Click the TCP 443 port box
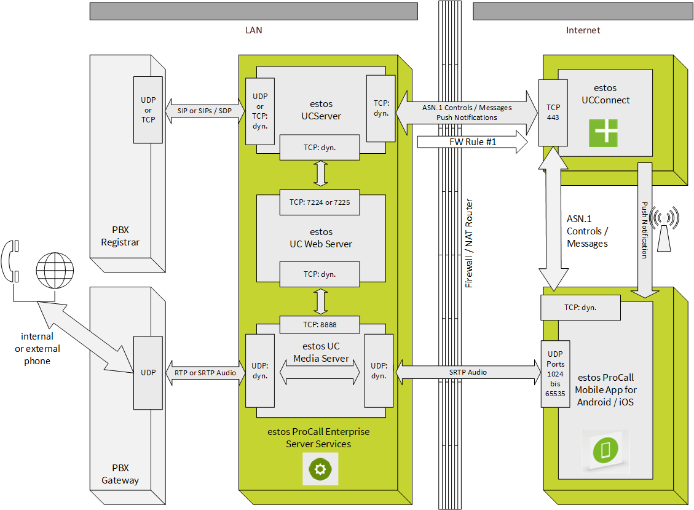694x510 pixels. [553, 113]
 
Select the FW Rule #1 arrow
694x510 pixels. [472, 143]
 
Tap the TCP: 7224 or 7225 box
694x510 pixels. [320, 202]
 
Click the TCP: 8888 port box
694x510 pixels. [320, 325]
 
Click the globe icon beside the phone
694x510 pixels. [54, 270]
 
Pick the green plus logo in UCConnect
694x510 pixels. [603, 133]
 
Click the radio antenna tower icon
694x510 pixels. [664, 229]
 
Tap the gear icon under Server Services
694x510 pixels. [320, 469]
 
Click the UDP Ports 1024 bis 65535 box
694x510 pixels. [555, 374]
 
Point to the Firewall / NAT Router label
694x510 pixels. [469, 244]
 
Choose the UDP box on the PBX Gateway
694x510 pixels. [148, 373]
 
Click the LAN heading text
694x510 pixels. [253, 30]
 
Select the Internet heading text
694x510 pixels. [583, 30]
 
